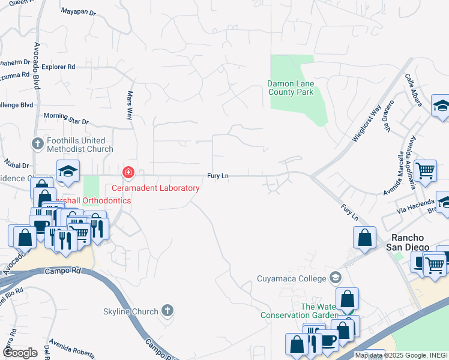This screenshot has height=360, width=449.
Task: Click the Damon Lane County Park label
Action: [291, 88]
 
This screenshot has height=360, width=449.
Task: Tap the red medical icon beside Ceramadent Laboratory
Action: [127, 173]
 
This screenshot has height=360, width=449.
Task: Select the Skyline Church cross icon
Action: [167, 311]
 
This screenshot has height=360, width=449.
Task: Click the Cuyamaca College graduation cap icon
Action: [335, 278]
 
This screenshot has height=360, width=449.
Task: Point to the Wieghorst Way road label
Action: [367, 124]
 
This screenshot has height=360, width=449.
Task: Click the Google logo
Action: [20, 353]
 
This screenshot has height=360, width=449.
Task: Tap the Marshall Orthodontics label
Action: [92, 200]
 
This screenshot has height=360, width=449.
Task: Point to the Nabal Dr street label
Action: [16, 165]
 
